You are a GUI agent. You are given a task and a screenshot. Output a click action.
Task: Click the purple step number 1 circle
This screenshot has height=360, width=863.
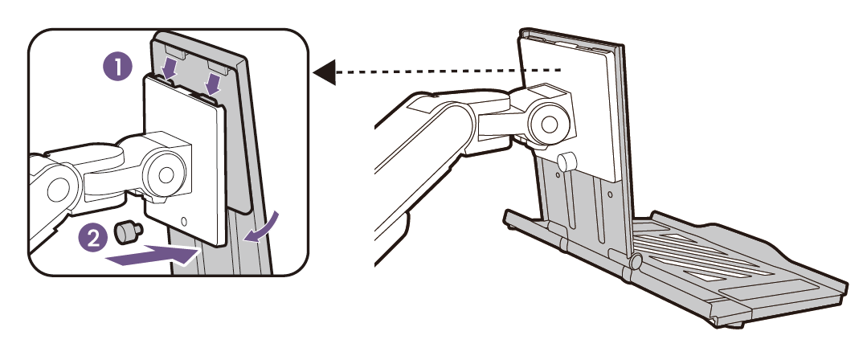pos(118,67)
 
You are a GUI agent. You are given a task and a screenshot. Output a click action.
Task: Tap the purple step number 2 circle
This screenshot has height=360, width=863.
pos(94,238)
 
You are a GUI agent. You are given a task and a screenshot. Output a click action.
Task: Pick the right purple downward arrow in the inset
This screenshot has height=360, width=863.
pos(212,83)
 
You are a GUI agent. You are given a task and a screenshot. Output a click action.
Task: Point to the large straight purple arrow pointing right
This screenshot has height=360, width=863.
pos(150,256)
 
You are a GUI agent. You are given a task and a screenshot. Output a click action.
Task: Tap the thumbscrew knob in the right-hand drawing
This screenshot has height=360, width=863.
pos(566,162)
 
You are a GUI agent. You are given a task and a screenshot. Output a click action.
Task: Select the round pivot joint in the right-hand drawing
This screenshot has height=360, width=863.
pos(546,123)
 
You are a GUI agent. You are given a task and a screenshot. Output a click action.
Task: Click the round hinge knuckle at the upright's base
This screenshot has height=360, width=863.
pos(636,261)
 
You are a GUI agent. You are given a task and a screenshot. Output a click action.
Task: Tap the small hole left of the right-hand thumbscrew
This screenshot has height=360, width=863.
pos(558,176)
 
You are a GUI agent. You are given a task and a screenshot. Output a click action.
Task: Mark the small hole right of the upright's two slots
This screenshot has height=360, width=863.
pos(609,195)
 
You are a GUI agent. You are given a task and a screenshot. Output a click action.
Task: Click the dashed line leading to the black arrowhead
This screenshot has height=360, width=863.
pos(448,72)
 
